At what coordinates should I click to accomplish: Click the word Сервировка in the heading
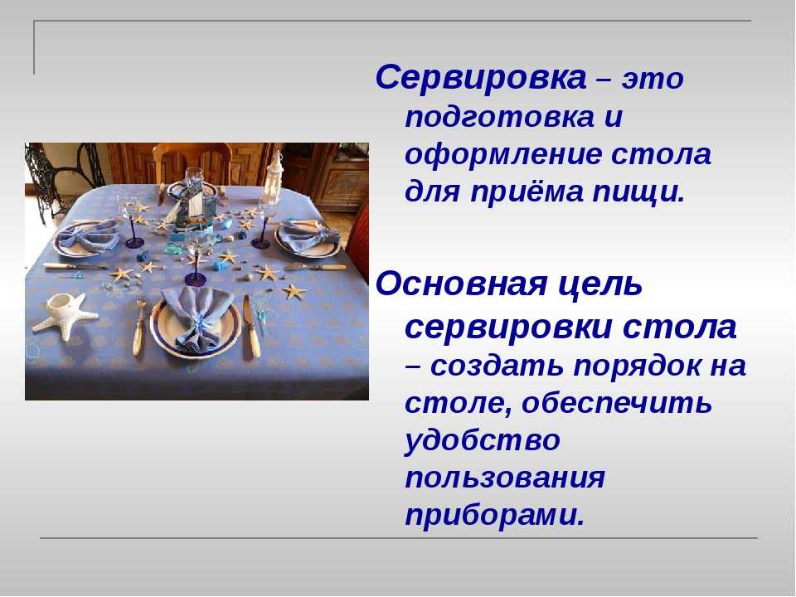[481, 78]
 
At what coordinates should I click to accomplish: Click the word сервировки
[508, 328]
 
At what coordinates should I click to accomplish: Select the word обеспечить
[617, 404]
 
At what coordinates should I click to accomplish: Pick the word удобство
[483, 440]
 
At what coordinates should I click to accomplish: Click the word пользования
[505, 478]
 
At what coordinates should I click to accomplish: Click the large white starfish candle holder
[65, 314]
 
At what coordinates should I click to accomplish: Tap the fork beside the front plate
[138, 327]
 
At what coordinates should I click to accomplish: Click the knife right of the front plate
[251, 327]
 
